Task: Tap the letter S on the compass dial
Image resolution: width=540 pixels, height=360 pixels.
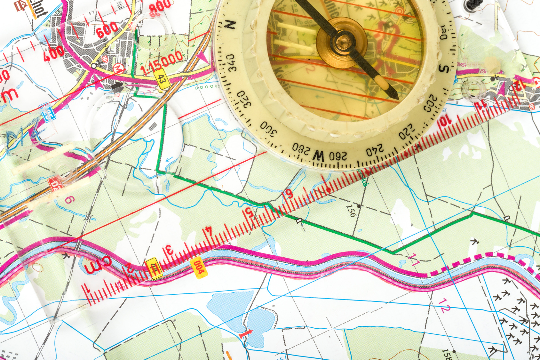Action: coord(444,68)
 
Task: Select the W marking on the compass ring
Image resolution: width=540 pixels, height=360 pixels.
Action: coord(318,156)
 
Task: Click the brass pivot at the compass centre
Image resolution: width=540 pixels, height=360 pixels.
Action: coord(342,42)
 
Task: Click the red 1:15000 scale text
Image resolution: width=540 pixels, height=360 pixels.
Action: coord(162,63)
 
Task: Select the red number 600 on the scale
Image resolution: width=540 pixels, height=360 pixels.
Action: coord(107,29)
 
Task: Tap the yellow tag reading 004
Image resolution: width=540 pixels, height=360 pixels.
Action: coord(199,267)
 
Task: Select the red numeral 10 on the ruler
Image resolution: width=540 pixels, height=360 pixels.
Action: coord(445,122)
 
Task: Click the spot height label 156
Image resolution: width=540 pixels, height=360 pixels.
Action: coord(351,211)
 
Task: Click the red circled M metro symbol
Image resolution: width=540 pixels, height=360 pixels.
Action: coord(119,68)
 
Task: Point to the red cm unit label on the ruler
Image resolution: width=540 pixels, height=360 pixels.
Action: coord(98,264)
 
